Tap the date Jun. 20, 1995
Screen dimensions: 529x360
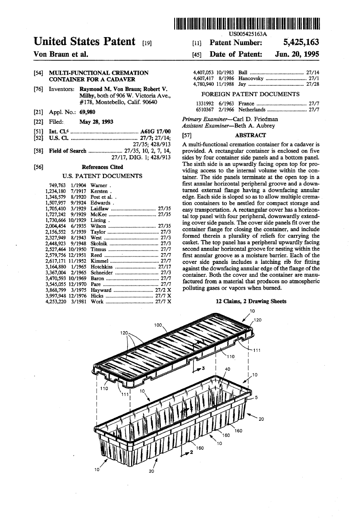click(x=297, y=55)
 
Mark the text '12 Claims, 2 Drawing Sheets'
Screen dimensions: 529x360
click(x=250, y=301)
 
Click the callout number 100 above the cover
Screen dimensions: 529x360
click(x=158, y=325)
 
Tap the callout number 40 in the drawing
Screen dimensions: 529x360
click(x=228, y=369)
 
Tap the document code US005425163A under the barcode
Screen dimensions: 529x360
click(x=247, y=33)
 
